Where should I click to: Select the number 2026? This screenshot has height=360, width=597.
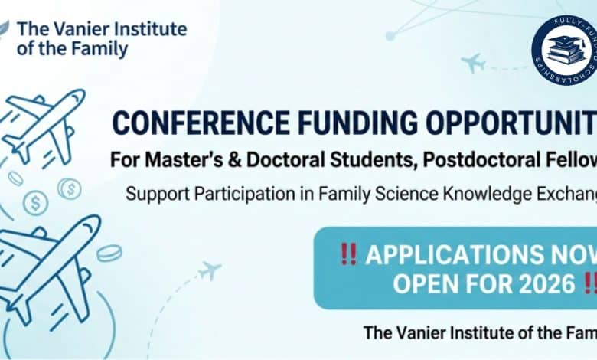point(537,283)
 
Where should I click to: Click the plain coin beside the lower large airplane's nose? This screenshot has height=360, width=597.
point(109,252)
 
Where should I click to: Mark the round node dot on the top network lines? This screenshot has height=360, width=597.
point(390,35)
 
